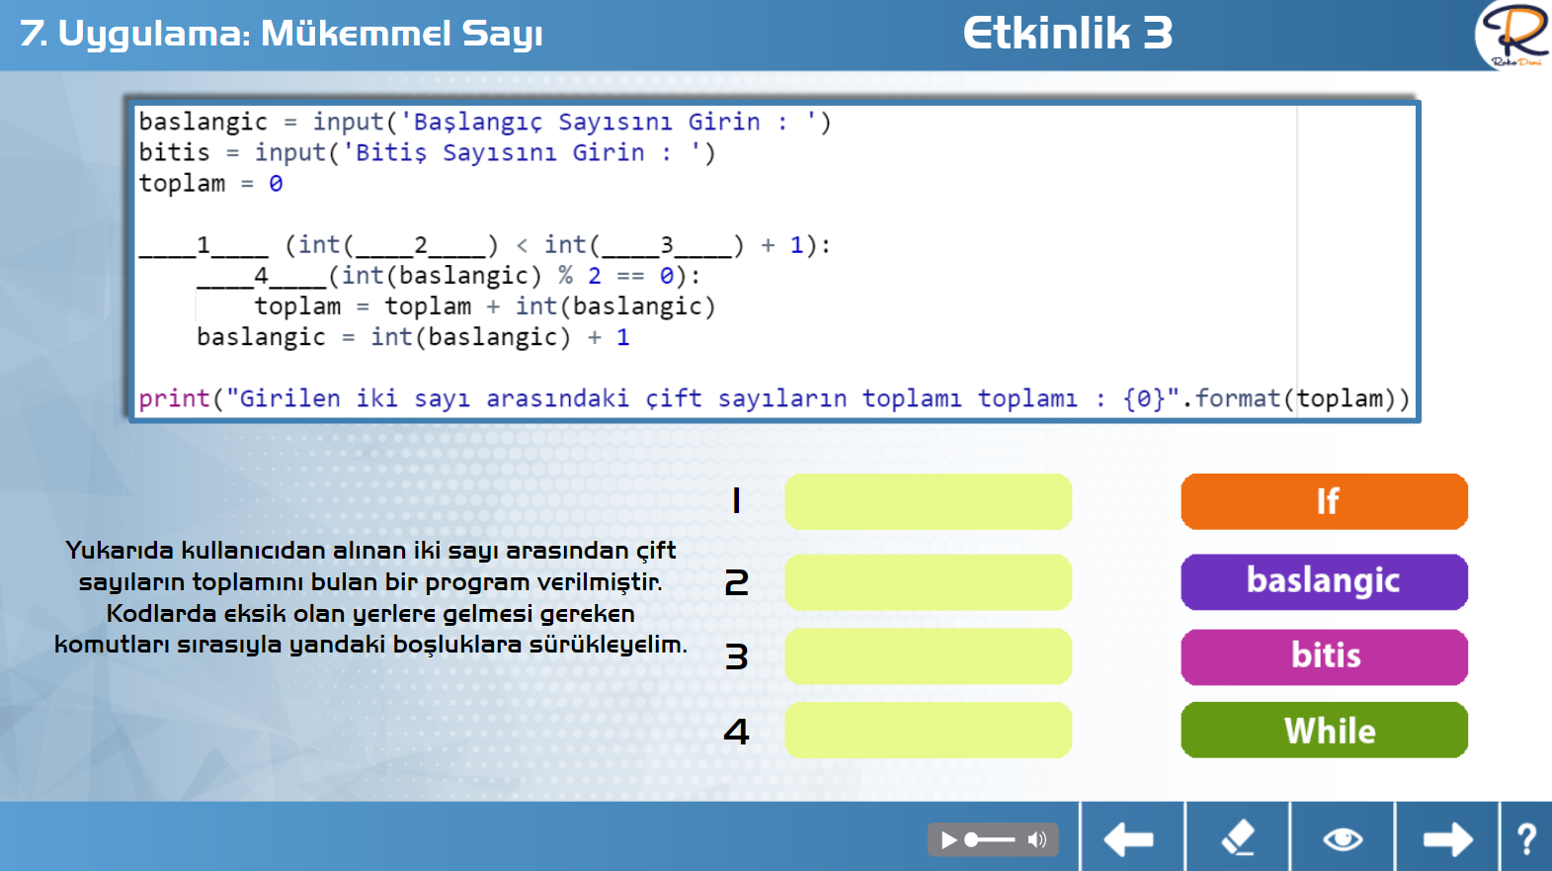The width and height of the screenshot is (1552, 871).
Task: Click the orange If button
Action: point(1324,501)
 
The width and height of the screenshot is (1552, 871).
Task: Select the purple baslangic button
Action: point(1324,582)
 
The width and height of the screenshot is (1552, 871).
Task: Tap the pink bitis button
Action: point(1324,656)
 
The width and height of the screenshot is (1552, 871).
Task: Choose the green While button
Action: point(1324,731)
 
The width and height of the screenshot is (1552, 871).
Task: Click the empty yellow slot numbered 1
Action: point(928,501)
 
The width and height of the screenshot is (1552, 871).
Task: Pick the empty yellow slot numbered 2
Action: point(928,582)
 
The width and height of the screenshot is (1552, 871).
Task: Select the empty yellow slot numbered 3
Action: point(928,656)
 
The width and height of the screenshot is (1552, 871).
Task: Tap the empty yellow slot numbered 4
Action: point(928,731)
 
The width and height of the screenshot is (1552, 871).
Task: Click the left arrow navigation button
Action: point(1128,839)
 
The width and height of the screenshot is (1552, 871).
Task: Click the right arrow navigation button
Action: point(1448,839)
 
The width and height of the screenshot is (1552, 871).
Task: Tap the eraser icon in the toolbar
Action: point(1238,837)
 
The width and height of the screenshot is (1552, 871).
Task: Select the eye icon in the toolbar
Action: point(1343,839)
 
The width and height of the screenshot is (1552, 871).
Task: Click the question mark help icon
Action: point(1527,839)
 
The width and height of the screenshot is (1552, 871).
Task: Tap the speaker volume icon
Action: point(1037,839)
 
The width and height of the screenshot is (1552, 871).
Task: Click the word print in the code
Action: point(175,399)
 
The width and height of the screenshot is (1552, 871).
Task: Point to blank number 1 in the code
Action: point(203,245)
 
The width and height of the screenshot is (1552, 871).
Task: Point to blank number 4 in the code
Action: point(261,276)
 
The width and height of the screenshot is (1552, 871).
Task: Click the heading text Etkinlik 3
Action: point(1068,34)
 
